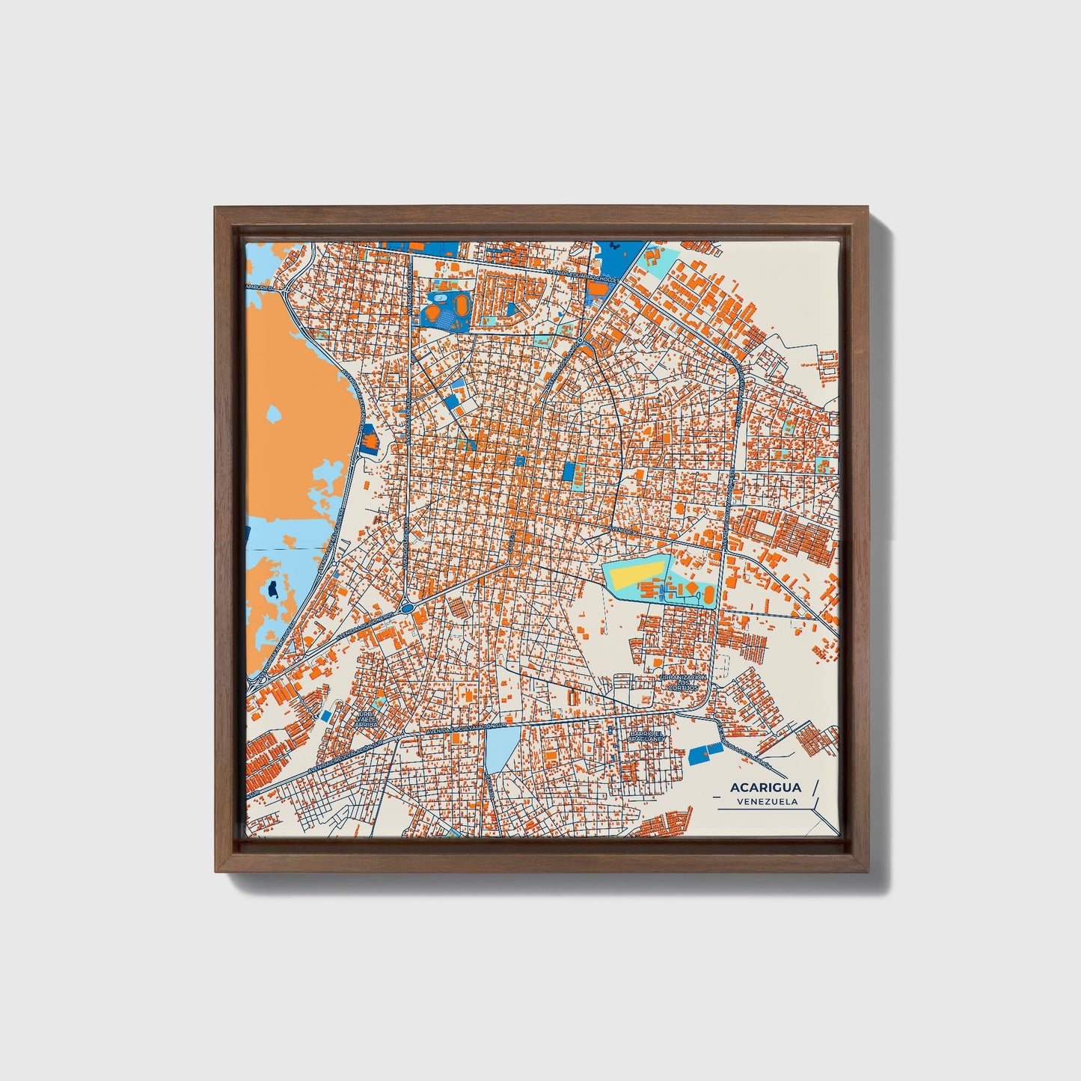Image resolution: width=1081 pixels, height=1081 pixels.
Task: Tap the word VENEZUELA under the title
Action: point(766,801)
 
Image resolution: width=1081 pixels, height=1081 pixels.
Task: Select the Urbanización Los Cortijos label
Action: point(683,682)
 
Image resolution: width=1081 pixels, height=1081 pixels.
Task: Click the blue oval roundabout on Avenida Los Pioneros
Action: point(406,607)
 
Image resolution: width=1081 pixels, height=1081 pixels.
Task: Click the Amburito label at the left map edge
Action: point(260,287)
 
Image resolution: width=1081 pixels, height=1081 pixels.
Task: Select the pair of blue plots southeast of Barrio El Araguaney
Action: point(705,753)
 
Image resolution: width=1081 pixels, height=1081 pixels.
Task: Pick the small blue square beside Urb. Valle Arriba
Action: point(326,715)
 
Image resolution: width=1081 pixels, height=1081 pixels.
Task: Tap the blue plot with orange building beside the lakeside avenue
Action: point(369,438)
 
